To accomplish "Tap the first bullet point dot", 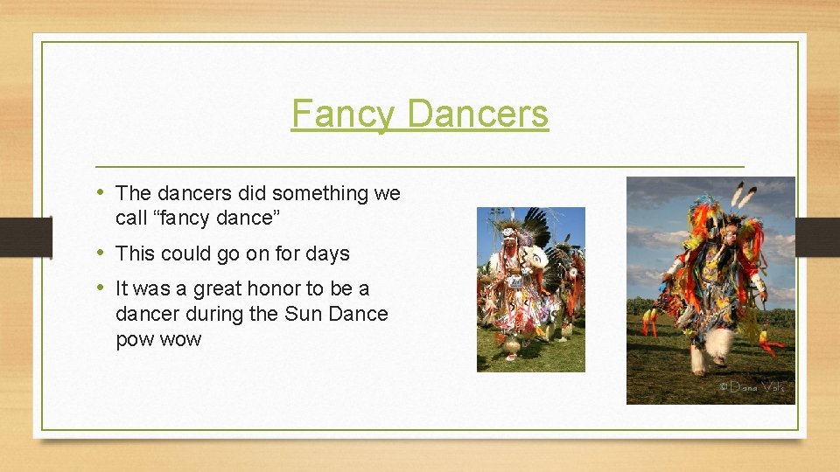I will click(x=102, y=191).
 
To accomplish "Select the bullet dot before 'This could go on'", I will click(x=102, y=253).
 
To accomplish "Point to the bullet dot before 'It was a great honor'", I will click(x=102, y=288).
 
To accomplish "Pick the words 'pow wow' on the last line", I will click(x=158, y=339).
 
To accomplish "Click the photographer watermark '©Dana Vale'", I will click(x=752, y=385).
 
